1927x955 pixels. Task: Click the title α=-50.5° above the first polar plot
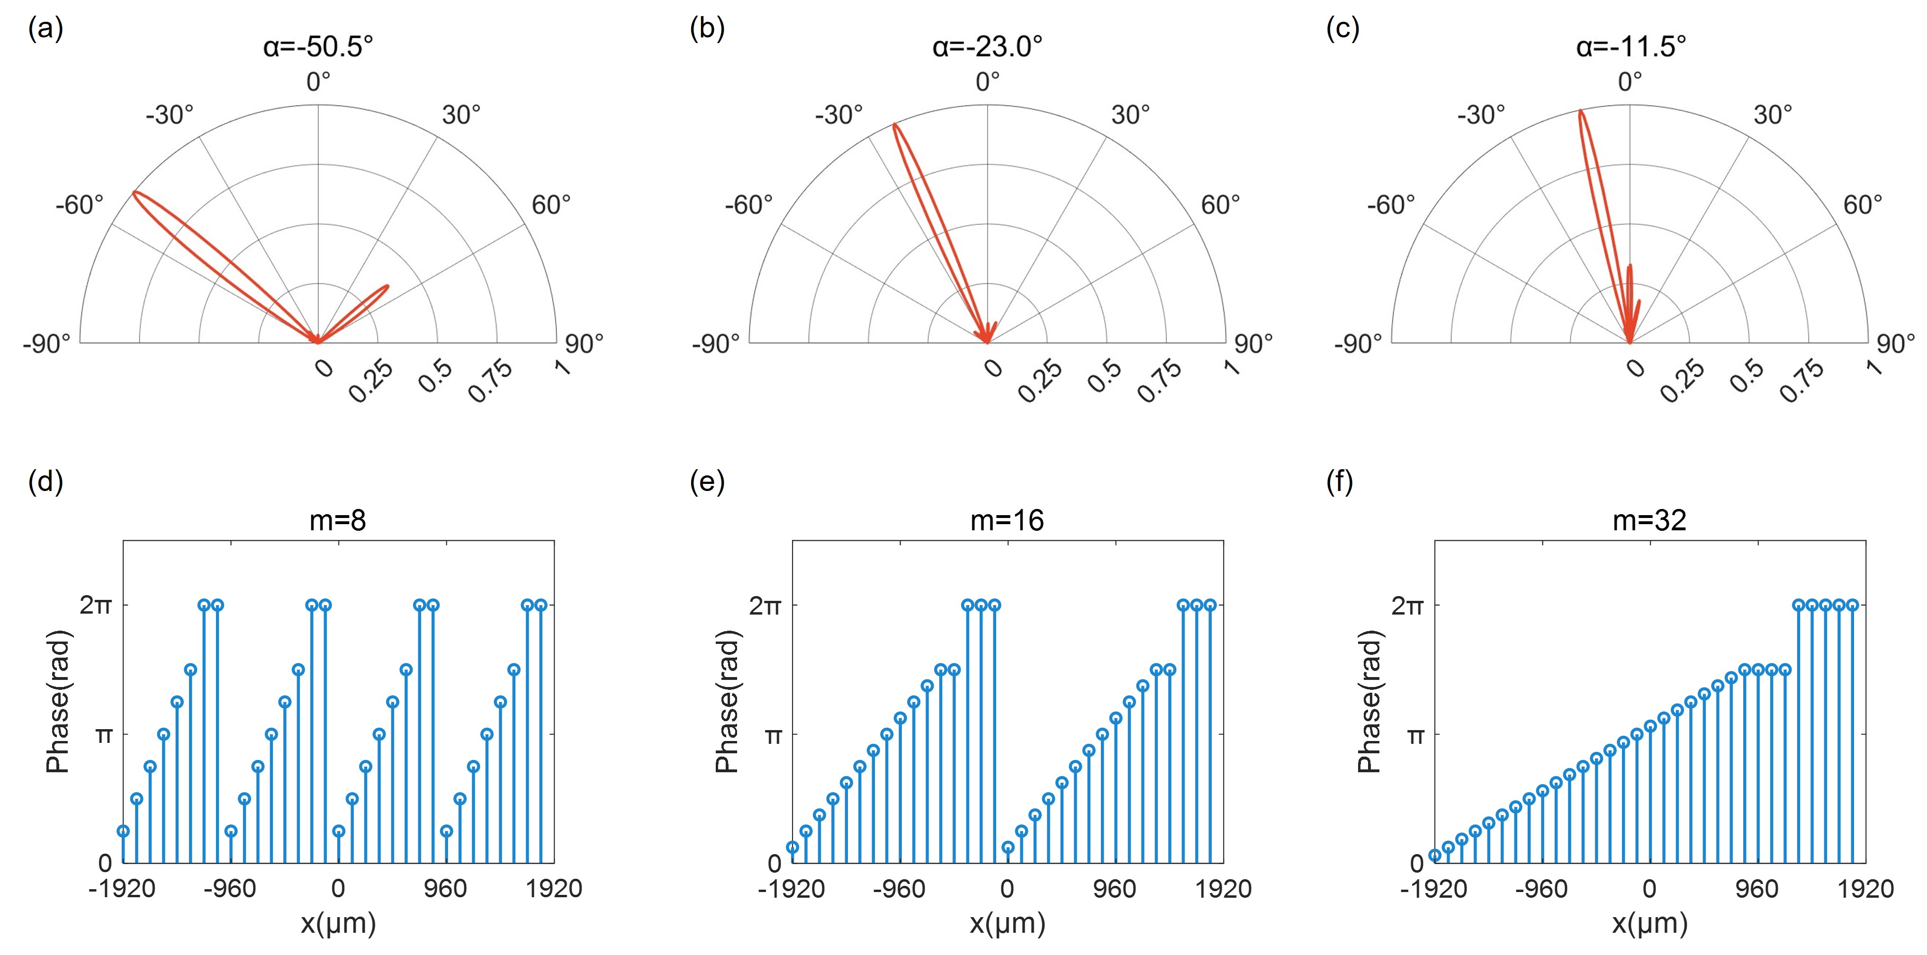click(318, 46)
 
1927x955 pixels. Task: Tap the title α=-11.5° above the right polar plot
click(1631, 46)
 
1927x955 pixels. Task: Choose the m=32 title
click(1649, 520)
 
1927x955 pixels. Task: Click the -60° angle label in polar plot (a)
click(79, 204)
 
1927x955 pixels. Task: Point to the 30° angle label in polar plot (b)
click(1130, 115)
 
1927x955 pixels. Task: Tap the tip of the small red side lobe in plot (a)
click(387, 286)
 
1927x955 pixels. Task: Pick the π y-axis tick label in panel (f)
click(1414, 736)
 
